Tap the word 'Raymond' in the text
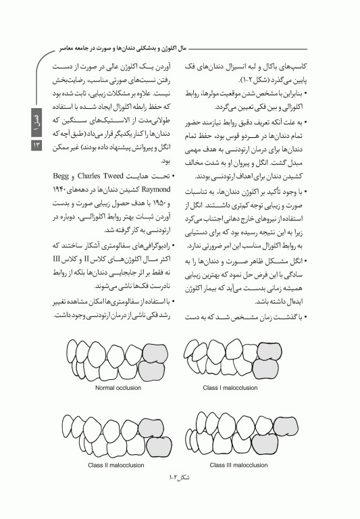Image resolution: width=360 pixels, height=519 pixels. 153,190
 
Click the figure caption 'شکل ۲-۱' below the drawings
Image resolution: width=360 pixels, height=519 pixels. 179,478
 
